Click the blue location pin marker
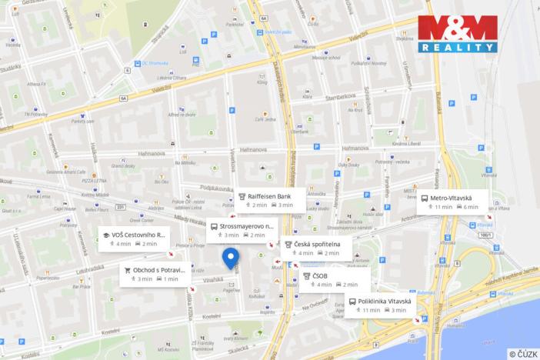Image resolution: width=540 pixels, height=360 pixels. (230, 258)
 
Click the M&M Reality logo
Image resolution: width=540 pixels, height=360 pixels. (458, 34)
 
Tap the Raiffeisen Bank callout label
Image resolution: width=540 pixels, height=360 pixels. (265, 200)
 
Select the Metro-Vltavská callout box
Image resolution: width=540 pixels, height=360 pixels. (452, 202)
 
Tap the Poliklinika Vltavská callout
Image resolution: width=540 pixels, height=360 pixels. (380, 305)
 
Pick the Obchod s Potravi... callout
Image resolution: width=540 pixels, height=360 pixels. (154, 274)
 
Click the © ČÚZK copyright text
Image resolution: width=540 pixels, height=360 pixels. (522, 354)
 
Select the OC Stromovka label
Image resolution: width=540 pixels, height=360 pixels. (153, 64)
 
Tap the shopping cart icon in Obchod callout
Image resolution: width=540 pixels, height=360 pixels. (126, 270)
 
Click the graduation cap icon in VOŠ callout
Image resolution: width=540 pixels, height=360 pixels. (105, 235)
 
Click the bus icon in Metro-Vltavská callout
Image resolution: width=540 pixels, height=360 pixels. (425, 198)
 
